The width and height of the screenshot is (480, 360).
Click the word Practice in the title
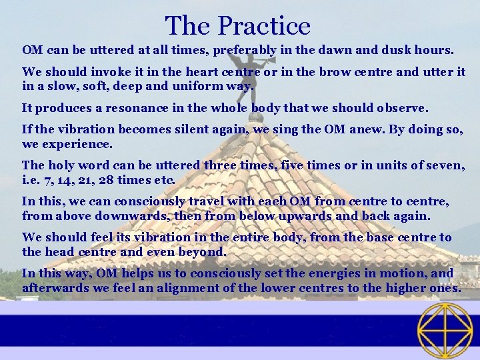(264, 26)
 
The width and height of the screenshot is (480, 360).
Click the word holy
(59, 165)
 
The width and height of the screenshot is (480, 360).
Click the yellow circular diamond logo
(445, 330)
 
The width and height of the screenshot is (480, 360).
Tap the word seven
(445, 165)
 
